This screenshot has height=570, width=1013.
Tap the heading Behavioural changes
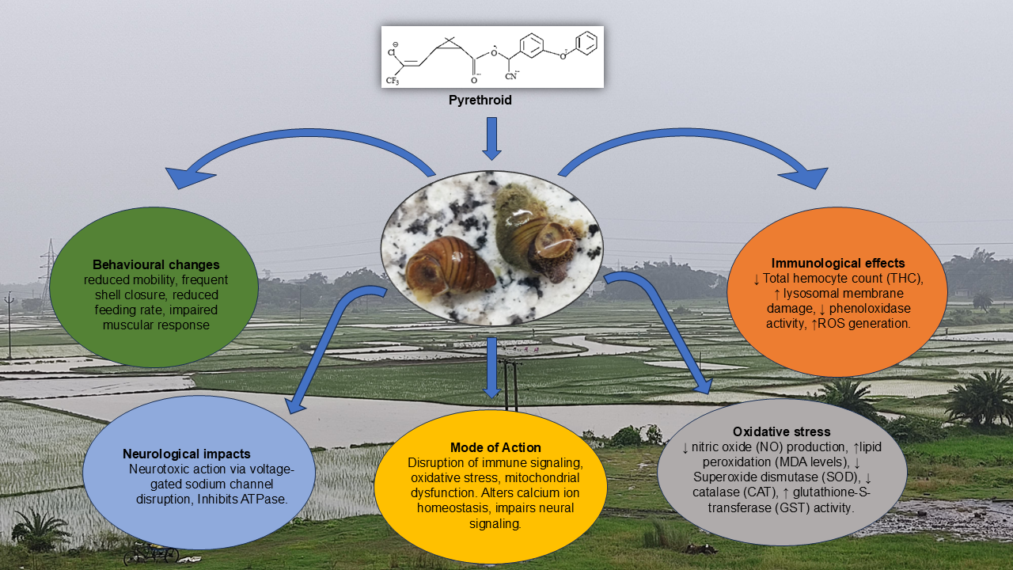click(156, 264)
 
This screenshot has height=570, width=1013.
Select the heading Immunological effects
click(838, 263)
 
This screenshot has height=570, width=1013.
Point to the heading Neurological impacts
click(187, 454)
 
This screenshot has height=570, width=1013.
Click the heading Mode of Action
click(495, 447)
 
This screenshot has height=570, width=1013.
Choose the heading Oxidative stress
click(781, 431)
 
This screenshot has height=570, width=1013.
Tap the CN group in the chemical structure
click(511, 76)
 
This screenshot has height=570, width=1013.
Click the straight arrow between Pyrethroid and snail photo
click(491, 138)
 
